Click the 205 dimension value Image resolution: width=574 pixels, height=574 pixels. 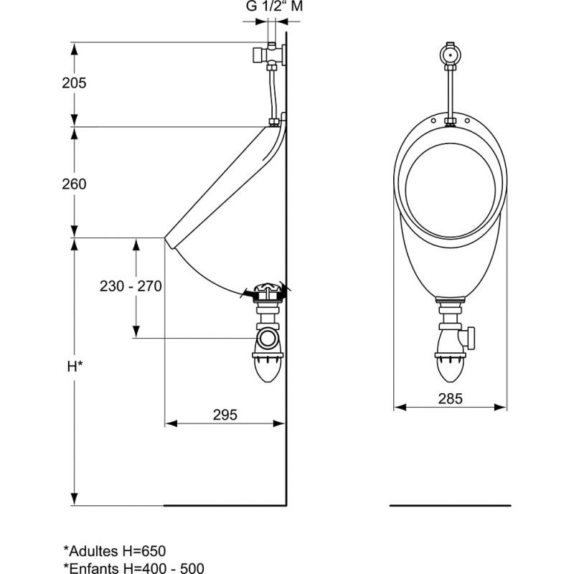(x=74, y=83)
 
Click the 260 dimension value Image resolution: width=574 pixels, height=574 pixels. (x=74, y=184)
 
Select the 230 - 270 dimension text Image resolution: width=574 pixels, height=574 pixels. (x=131, y=286)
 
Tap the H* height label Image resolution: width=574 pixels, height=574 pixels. (x=75, y=366)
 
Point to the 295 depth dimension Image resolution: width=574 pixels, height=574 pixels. (x=225, y=415)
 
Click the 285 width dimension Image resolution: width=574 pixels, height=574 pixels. (x=451, y=398)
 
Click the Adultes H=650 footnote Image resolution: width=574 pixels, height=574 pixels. (x=115, y=551)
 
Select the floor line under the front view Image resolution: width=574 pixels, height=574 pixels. (x=451, y=505)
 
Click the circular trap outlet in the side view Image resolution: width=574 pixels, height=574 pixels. (x=269, y=337)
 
